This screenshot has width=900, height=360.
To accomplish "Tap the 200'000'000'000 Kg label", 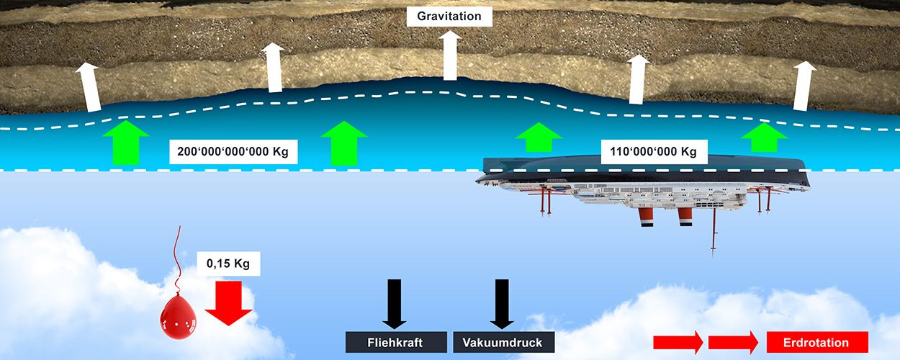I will (233, 152).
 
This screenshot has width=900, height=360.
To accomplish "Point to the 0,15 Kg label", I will (228, 264).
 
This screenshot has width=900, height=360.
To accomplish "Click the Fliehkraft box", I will (394, 342).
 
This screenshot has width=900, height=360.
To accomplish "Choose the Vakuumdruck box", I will (503, 342).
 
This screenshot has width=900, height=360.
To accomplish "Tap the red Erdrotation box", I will (817, 343).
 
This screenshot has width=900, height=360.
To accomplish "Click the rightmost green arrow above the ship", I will (765, 137).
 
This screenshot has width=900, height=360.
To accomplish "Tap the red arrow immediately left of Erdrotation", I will (733, 343).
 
